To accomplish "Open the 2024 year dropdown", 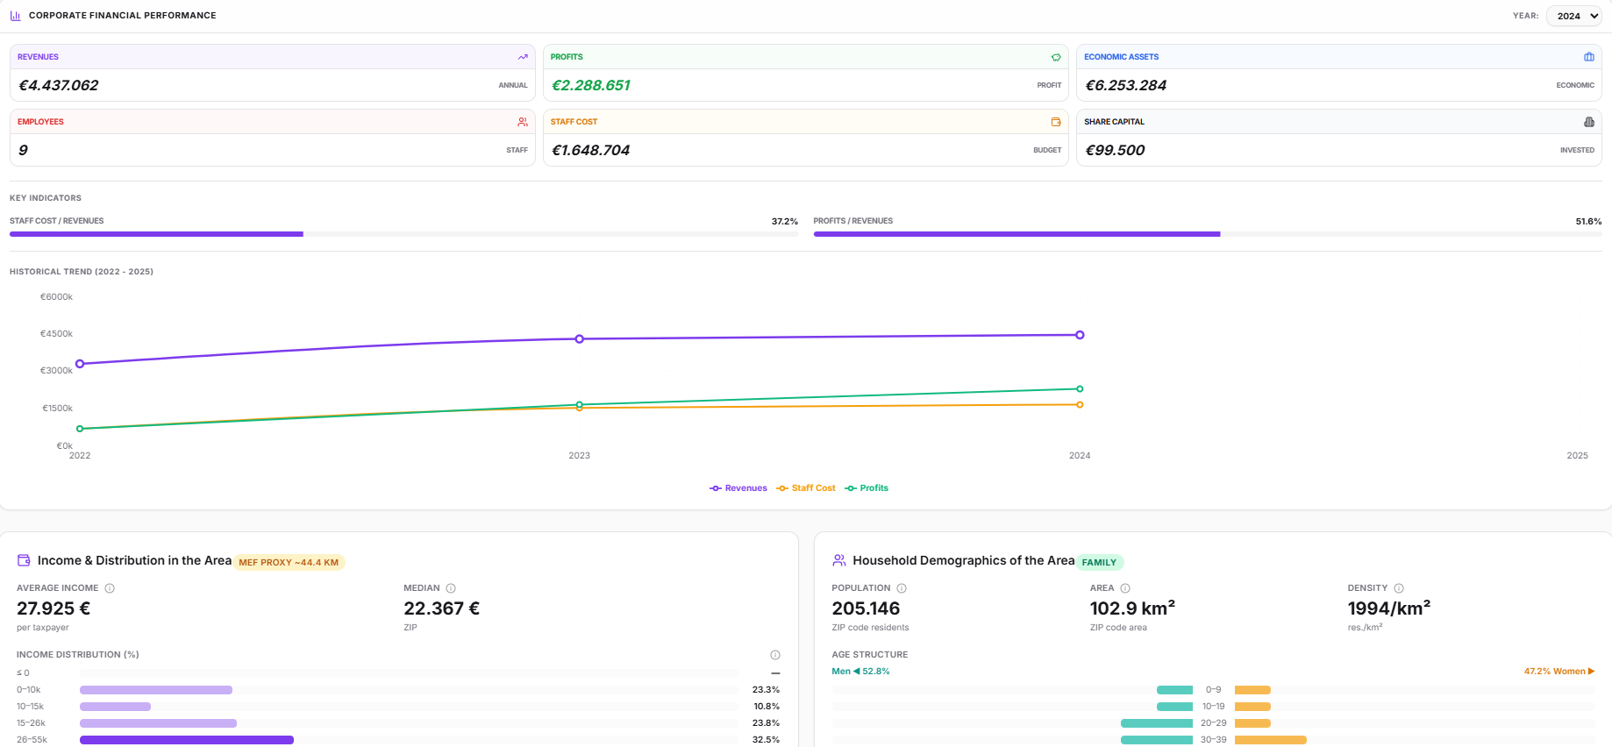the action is click(x=1574, y=16).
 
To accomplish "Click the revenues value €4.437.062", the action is click(x=59, y=85).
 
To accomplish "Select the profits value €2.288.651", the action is click(x=591, y=85).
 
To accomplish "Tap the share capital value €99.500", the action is click(x=1115, y=150).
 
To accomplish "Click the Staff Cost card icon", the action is click(x=1056, y=122).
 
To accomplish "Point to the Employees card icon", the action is click(x=523, y=122).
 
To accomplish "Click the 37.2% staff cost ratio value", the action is click(x=785, y=221).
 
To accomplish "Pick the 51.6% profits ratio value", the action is click(x=1588, y=221).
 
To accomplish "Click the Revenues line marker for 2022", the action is click(x=80, y=364).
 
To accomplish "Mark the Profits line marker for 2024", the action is click(x=1080, y=388).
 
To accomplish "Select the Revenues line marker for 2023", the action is click(x=579, y=338).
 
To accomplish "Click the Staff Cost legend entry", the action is click(x=806, y=488).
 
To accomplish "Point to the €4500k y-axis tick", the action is click(x=57, y=334).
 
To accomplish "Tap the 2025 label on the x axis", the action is click(x=1577, y=456).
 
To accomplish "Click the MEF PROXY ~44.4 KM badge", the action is click(x=289, y=563).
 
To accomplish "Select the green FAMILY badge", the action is click(x=1099, y=563).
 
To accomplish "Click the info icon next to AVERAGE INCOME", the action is click(x=110, y=588).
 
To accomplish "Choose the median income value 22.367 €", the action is click(x=441, y=608).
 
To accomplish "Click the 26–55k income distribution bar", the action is click(x=187, y=740).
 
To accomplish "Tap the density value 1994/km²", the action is click(x=1389, y=608).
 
